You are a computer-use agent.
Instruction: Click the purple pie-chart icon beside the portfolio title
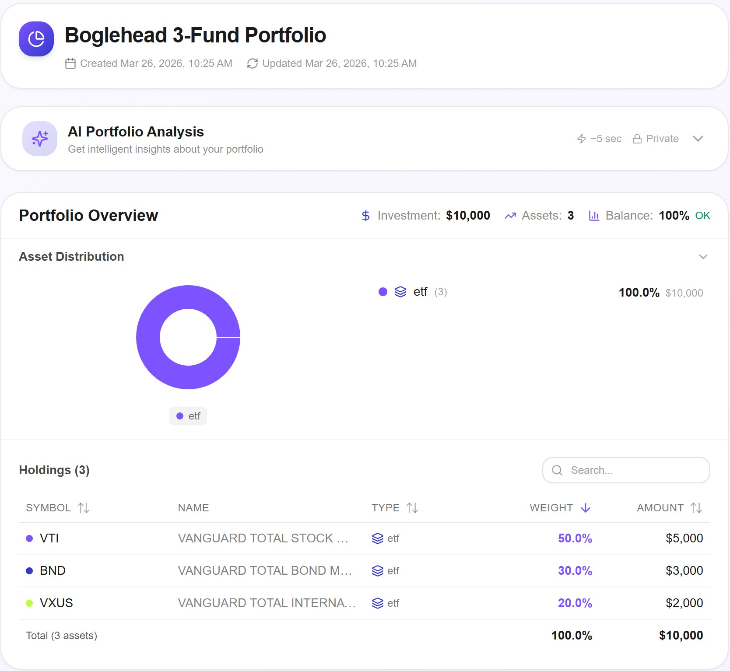coord(36,39)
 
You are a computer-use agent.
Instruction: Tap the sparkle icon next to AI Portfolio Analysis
coord(40,139)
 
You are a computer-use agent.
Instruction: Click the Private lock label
coord(656,139)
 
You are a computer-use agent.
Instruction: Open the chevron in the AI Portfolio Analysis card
coord(698,139)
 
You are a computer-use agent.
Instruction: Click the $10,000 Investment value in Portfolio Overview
coord(468,216)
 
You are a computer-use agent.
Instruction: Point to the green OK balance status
coord(702,216)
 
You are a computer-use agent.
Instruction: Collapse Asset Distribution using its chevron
coord(703,257)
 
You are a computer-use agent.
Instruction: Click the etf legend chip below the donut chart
coord(188,416)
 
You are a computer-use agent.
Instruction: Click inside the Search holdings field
coord(626,470)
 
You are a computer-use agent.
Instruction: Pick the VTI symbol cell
coord(49,538)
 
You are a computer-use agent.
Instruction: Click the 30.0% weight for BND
coord(575,571)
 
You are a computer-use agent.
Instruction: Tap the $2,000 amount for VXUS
coord(684,603)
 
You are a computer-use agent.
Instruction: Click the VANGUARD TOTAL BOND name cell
coord(265,571)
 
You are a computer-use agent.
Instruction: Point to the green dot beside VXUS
coord(29,603)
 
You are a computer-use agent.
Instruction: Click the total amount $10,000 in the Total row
coord(681,636)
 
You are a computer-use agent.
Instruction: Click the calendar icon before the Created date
coord(70,64)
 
